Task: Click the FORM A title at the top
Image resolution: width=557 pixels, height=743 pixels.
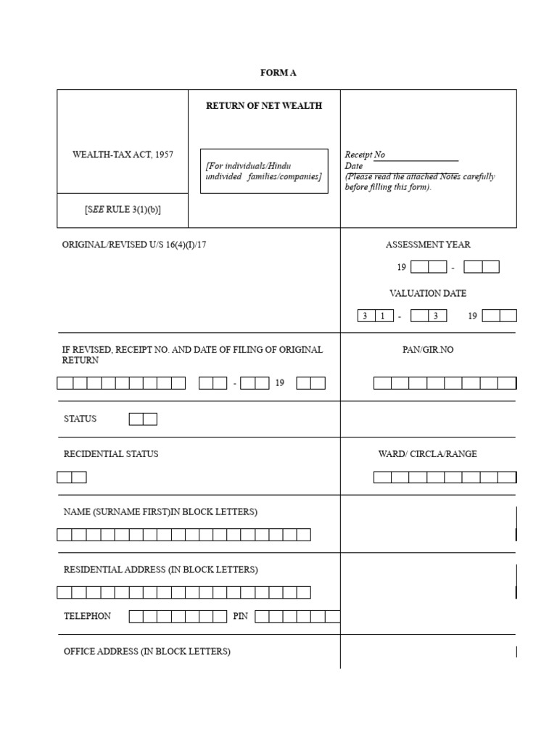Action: click(x=278, y=73)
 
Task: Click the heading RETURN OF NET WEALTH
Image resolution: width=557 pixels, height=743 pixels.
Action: click(x=264, y=106)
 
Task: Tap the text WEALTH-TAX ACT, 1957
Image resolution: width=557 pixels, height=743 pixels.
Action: click(x=123, y=155)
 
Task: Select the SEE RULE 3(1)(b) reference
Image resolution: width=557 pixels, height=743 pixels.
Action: click(x=123, y=210)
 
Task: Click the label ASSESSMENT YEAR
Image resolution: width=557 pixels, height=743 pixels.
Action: click(x=428, y=245)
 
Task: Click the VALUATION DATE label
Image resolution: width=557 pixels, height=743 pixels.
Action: click(x=428, y=294)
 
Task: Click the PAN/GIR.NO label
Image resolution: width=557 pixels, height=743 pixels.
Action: click(x=428, y=350)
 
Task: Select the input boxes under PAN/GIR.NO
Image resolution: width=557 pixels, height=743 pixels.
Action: click(x=445, y=383)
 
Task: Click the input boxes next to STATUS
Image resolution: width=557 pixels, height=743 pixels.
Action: click(x=143, y=419)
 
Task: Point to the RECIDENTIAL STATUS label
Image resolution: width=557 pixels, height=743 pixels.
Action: click(x=111, y=454)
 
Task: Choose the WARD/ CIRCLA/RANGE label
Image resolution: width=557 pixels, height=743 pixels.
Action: click(x=428, y=454)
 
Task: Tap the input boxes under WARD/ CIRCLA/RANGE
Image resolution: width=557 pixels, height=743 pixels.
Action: click(x=445, y=477)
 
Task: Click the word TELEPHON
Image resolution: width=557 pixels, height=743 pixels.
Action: click(x=88, y=616)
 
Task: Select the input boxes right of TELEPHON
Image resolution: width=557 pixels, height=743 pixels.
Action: click(x=178, y=617)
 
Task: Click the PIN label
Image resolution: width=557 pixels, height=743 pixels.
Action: click(x=240, y=616)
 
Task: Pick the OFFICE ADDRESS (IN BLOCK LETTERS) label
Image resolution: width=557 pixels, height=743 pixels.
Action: click(x=147, y=652)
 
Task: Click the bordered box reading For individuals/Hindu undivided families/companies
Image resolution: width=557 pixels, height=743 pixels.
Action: click(x=264, y=171)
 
